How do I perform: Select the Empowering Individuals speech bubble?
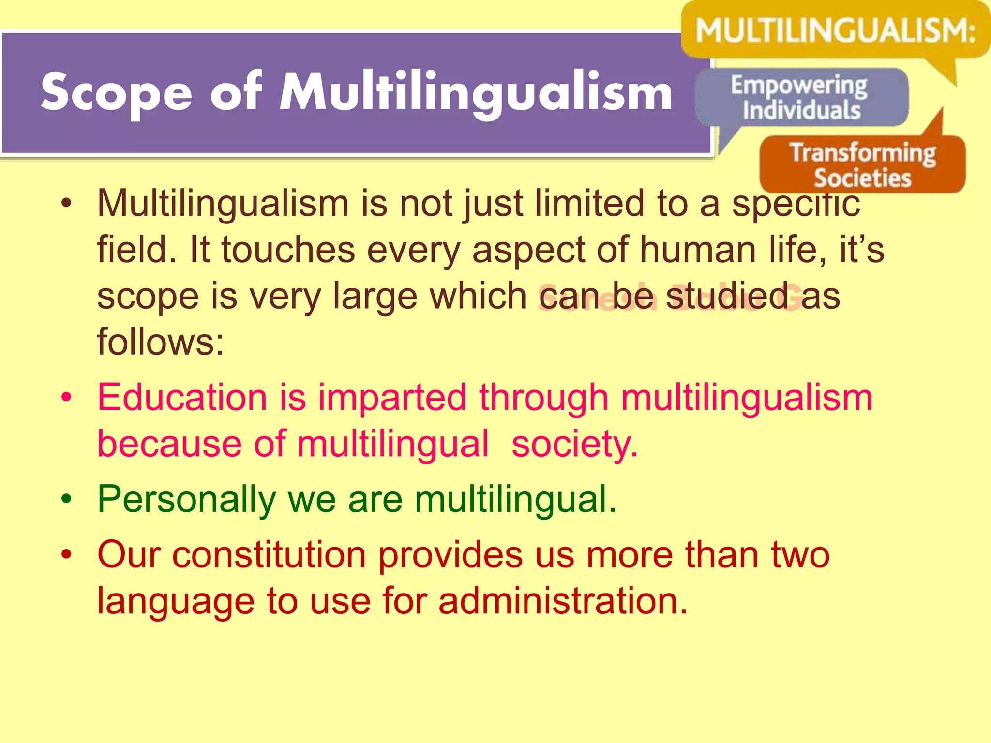pyautogui.click(x=801, y=98)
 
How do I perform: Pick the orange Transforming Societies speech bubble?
pyautogui.click(x=863, y=165)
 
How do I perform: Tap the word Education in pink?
pyautogui.click(x=182, y=398)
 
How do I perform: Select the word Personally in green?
pyautogui.click(x=186, y=499)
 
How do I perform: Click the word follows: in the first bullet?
pyautogui.click(x=160, y=341)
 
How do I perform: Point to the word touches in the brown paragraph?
pyautogui.click(x=288, y=250)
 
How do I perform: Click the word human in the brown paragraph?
pyautogui.click(x=698, y=250)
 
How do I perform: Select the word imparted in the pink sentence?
pyautogui.click(x=392, y=398)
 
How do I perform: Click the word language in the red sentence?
pyautogui.click(x=176, y=601)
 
